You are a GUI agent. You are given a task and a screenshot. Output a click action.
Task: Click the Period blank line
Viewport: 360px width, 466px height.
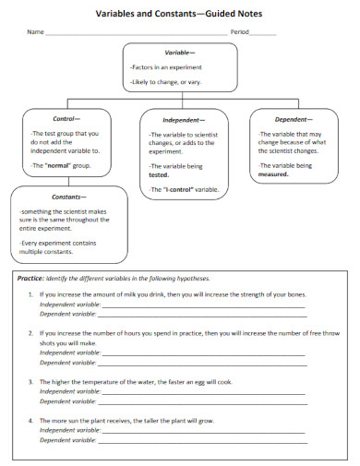pos(263,33)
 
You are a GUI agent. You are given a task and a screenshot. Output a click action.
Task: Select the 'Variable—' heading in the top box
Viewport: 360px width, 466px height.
pos(179,53)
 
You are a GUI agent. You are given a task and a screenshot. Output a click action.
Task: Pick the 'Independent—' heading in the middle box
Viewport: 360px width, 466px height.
pos(184,121)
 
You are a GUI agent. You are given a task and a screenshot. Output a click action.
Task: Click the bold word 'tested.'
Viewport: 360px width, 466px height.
pos(160,173)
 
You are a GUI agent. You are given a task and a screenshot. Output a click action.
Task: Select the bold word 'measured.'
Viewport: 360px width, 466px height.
pos(274,173)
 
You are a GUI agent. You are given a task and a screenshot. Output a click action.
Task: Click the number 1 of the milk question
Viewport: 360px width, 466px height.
pos(31,294)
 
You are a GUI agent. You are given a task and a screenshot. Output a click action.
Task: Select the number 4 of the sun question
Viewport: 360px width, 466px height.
pos(31,420)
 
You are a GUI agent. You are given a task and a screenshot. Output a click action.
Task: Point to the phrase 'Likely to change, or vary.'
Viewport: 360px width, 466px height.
pos(166,82)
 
